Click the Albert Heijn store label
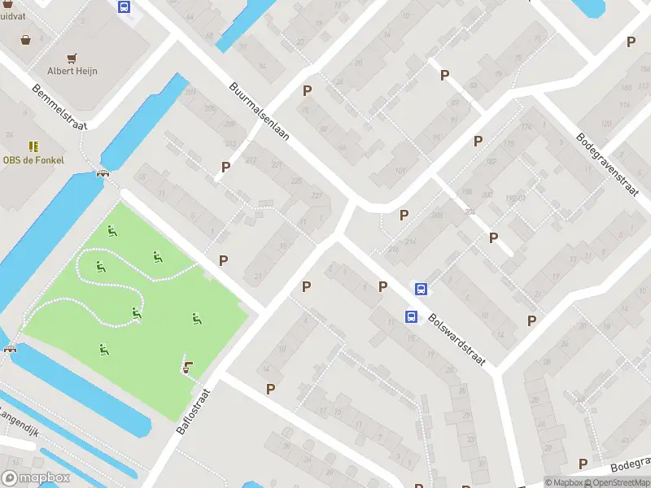(72, 71)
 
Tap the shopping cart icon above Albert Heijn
(72, 57)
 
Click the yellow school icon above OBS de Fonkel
(33, 146)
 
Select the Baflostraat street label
(194, 410)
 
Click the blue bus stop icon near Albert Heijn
(124, 7)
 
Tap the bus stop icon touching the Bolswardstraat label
(412, 316)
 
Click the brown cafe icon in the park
(189, 368)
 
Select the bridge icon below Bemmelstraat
(103, 172)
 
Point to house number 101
(399, 171)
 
